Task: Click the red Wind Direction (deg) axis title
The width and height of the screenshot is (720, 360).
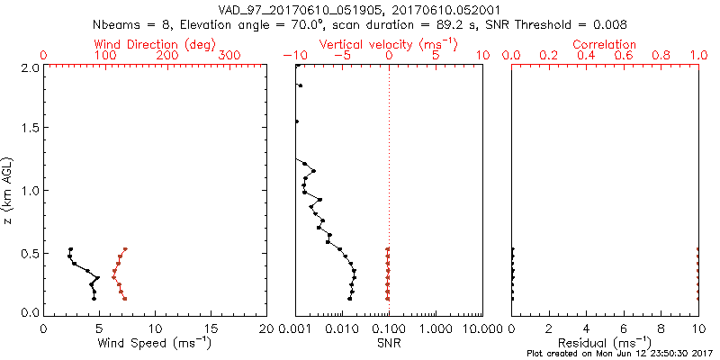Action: click(155, 44)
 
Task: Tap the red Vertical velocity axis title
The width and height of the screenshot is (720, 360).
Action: click(388, 44)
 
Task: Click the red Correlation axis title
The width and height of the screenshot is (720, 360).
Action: click(605, 44)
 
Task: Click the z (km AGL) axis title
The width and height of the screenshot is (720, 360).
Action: click(8, 190)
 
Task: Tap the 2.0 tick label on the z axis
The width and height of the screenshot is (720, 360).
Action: click(29, 67)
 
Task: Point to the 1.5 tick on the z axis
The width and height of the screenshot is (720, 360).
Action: click(29, 129)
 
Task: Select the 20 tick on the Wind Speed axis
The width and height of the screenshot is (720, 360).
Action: click(266, 328)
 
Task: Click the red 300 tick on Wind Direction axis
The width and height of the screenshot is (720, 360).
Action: click(230, 56)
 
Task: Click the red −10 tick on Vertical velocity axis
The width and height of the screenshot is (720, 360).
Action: click(294, 56)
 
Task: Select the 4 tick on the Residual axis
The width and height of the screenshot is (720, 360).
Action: click(586, 328)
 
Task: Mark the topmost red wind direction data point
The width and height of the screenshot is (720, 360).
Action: click(125, 249)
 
